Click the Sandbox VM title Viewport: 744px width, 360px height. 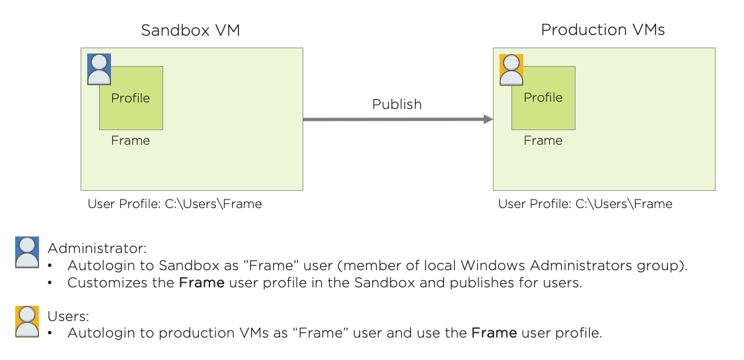point(190,30)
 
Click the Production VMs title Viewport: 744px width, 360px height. point(603,30)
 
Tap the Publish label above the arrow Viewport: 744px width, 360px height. point(396,104)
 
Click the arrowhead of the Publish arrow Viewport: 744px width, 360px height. point(488,120)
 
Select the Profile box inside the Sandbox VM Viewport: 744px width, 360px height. point(131,98)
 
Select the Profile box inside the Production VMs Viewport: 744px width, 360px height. point(543,98)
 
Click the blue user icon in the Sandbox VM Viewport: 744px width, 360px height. point(99,69)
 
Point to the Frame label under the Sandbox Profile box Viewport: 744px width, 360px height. point(130,141)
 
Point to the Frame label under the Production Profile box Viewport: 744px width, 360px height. point(543,141)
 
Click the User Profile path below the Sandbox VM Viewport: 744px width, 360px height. point(174,204)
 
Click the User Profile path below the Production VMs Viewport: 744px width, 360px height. point(585,204)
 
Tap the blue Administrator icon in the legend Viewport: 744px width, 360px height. point(27,252)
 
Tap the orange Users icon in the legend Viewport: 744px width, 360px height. point(27,322)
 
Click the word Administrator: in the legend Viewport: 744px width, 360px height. point(97,249)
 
